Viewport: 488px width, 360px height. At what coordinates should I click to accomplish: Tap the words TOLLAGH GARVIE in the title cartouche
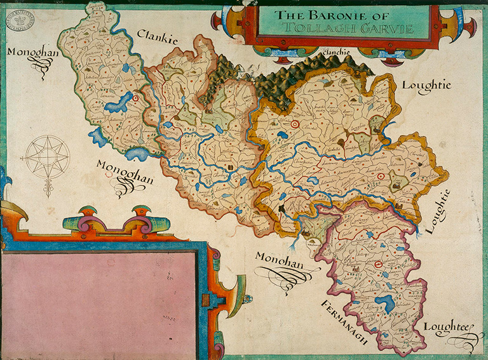pyautogui.click(x=342, y=29)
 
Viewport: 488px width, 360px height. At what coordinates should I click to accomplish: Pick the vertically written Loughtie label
pyautogui.click(x=438, y=211)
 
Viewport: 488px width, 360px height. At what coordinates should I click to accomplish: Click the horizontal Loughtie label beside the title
pyautogui.click(x=426, y=86)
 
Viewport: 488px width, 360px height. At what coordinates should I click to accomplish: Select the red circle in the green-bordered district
pyautogui.click(x=135, y=98)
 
